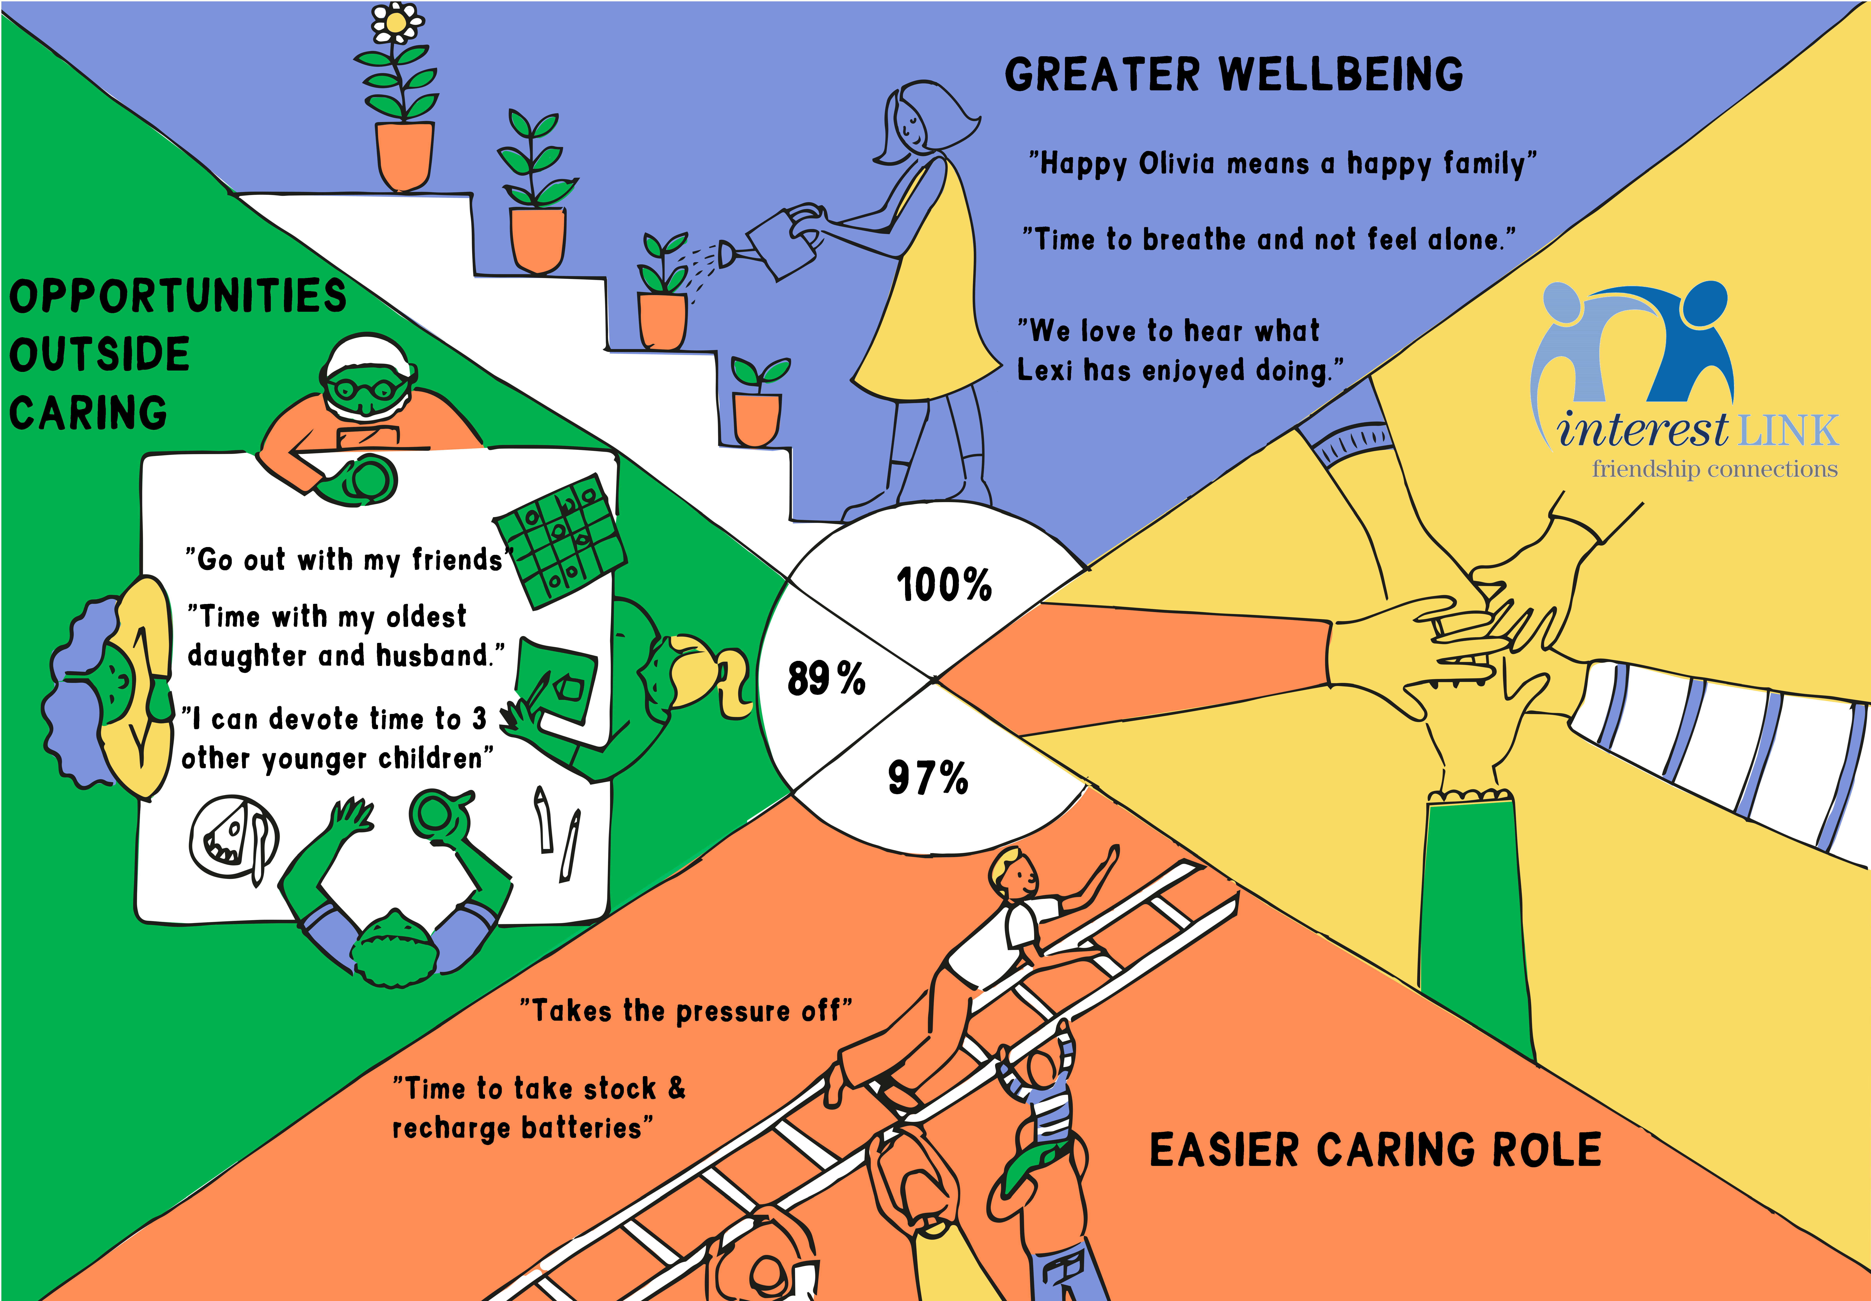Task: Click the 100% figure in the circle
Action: tap(944, 585)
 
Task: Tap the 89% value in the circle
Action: tap(826, 679)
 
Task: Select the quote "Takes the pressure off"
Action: tap(686, 1011)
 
